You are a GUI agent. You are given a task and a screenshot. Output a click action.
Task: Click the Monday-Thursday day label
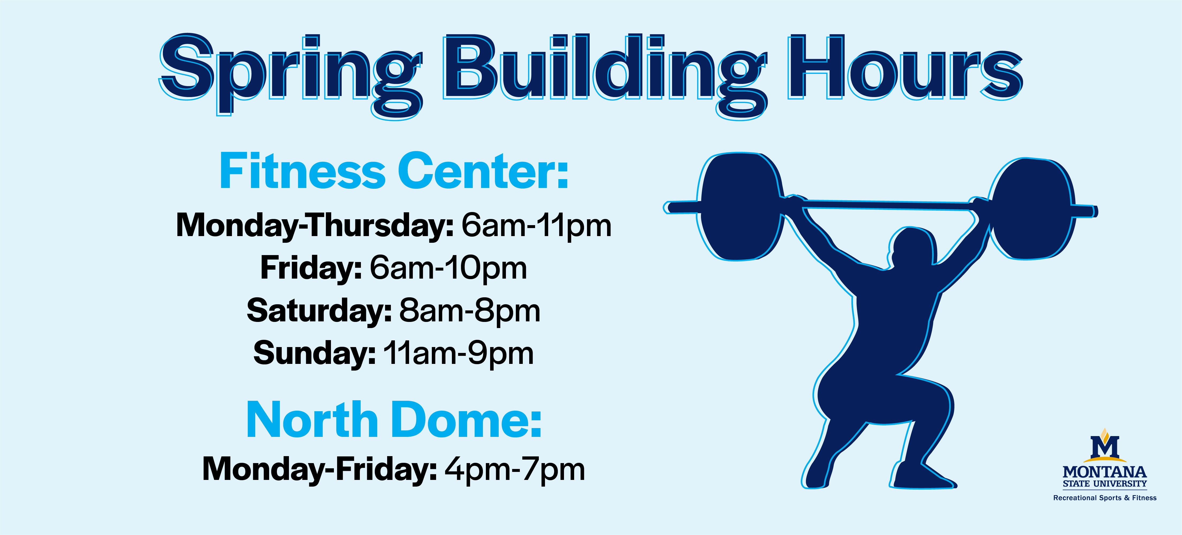coord(315,226)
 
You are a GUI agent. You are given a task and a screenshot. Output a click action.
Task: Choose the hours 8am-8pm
coord(470,311)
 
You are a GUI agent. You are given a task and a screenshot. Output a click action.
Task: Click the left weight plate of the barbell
coord(740,207)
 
